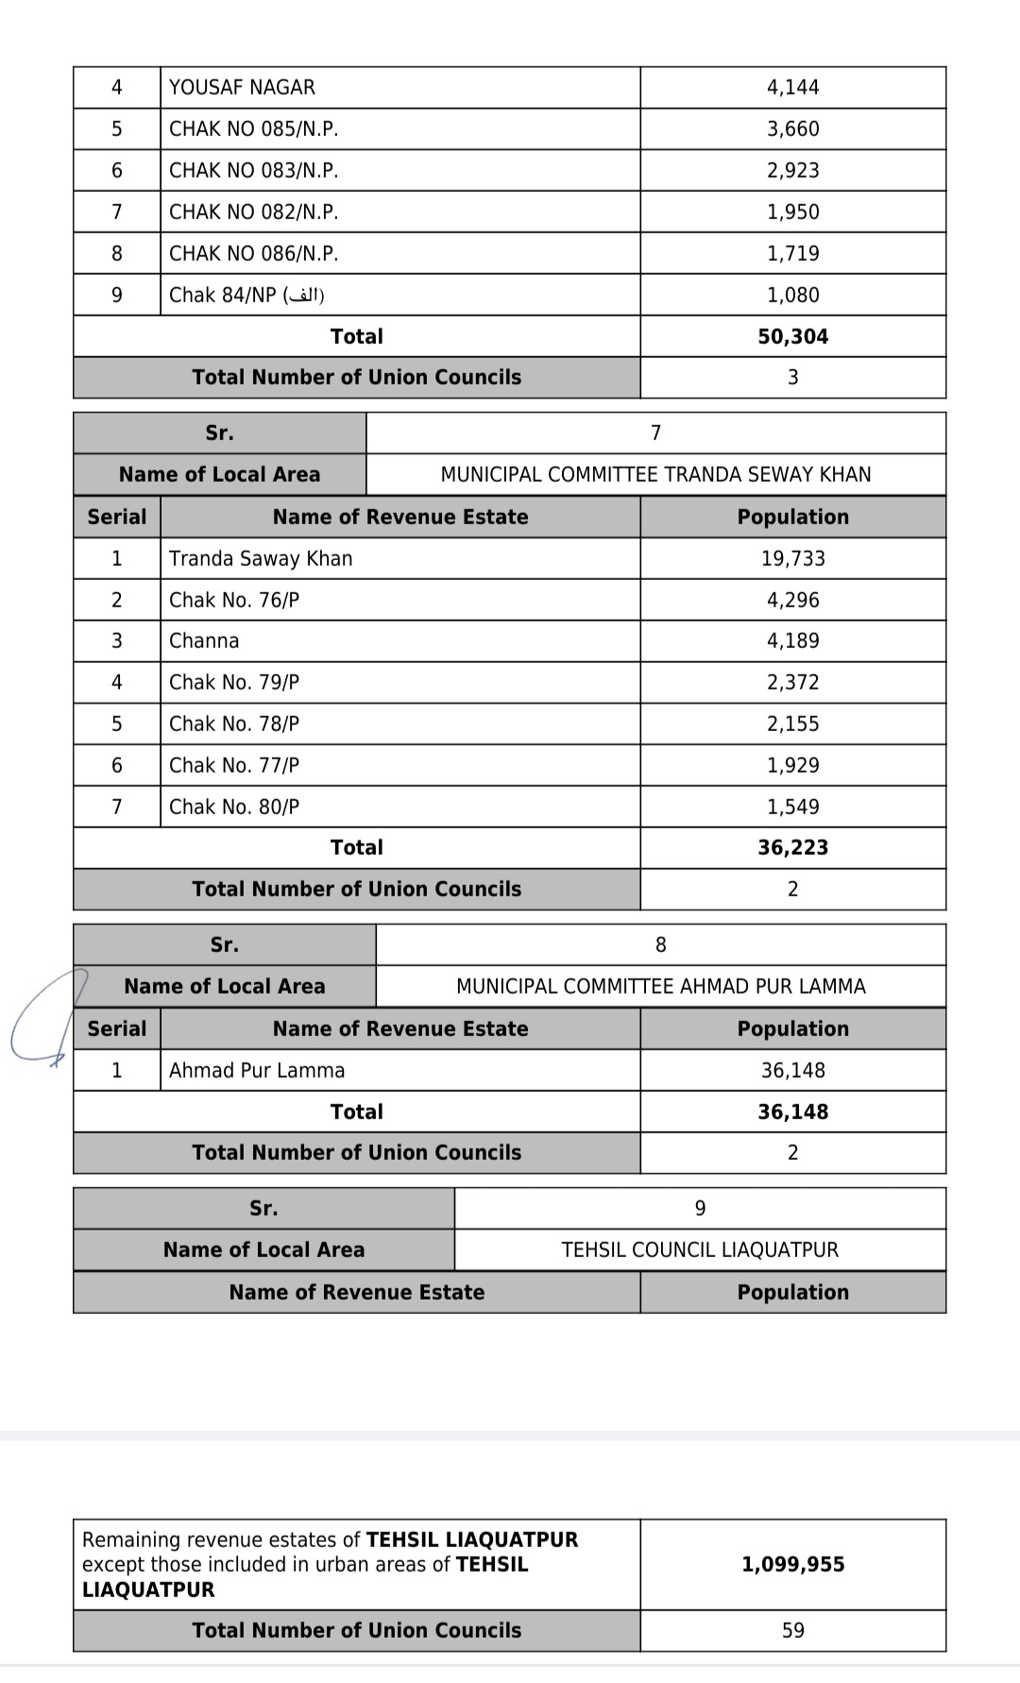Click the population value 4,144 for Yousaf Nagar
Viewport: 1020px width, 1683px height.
point(792,88)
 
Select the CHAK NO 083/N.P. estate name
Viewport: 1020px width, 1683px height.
point(253,171)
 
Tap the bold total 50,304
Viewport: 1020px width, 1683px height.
point(792,337)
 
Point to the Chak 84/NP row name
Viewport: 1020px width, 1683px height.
point(246,296)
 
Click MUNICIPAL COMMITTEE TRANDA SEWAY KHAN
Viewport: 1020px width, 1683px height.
point(655,475)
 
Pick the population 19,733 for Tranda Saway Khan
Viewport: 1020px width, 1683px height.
point(792,559)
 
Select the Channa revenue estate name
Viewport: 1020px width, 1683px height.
point(204,641)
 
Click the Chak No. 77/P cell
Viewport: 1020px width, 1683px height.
point(234,766)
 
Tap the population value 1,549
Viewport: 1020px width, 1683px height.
point(792,807)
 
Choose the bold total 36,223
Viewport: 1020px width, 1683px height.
point(792,848)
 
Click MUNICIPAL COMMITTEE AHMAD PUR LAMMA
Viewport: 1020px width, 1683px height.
point(660,987)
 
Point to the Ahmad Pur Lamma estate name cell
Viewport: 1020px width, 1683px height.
point(257,1071)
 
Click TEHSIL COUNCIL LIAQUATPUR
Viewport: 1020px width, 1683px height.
point(700,1250)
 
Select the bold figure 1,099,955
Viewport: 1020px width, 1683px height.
point(792,1565)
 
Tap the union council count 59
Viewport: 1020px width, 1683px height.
point(792,1631)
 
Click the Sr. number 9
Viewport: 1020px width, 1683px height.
point(700,1209)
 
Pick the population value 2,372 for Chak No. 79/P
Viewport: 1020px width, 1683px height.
point(792,683)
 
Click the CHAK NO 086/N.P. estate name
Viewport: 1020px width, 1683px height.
point(253,254)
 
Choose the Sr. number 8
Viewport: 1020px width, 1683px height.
point(660,945)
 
